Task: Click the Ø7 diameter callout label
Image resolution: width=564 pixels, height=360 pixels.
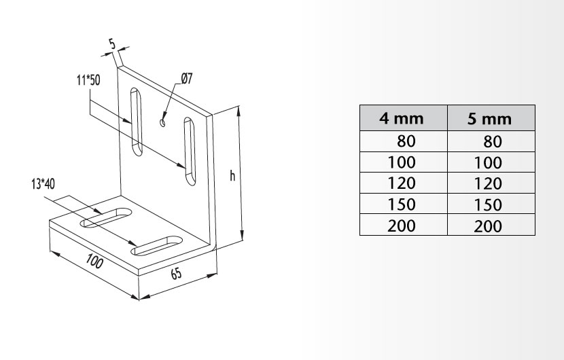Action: pyautogui.click(x=187, y=78)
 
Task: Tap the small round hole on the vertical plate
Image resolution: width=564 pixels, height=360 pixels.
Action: pyautogui.click(x=162, y=123)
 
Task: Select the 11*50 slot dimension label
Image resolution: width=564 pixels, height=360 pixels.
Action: pyautogui.click(x=88, y=80)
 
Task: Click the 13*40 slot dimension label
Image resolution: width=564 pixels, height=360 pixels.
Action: pyautogui.click(x=43, y=184)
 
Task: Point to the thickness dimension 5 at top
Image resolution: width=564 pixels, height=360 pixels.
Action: pyautogui.click(x=113, y=45)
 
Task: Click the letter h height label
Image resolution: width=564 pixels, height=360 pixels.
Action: pyautogui.click(x=232, y=176)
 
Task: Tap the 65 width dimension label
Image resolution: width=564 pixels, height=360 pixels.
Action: pyautogui.click(x=176, y=274)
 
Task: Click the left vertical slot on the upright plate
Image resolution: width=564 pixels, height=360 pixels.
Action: pyautogui.click(x=137, y=122)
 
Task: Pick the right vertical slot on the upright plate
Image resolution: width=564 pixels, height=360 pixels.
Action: pyautogui.click(x=190, y=151)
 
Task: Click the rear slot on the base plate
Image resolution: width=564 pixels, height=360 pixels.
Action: pyautogui.click(x=106, y=217)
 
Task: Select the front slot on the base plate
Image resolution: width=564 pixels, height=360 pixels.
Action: pyautogui.click(x=156, y=246)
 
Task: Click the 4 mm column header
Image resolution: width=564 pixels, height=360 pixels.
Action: pyautogui.click(x=402, y=118)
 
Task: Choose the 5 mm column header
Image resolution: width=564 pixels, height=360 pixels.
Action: pyautogui.click(x=489, y=119)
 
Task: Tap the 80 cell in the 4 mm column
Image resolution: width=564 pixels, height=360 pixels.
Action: pyautogui.click(x=406, y=141)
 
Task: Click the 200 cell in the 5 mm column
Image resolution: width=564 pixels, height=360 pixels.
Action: pyautogui.click(x=488, y=227)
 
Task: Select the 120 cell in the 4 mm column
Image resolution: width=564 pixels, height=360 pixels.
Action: pyautogui.click(x=402, y=183)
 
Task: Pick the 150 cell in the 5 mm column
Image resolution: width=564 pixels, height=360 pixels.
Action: pyautogui.click(x=488, y=205)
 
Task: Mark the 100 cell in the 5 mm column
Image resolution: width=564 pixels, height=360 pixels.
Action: pyautogui.click(x=488, y=163)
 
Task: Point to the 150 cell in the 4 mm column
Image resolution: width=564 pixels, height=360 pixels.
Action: pyautogui.click(x=402, y=204)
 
